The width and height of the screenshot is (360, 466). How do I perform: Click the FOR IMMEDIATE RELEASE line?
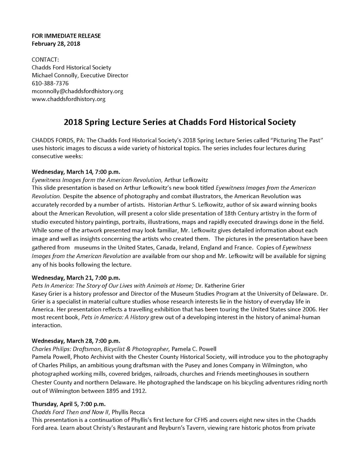tap(66, 36)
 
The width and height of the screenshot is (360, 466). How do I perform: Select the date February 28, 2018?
tap(56, 44)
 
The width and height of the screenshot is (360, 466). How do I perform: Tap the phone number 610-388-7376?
tap(50, 83)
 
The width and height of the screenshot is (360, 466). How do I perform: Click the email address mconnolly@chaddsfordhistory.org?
tap(77, 91)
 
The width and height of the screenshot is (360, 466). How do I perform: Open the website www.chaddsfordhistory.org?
tap(68, 99)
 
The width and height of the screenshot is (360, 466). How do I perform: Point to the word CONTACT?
tap(45, 59)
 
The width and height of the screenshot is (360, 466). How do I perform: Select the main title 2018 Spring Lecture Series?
tap(180, 122)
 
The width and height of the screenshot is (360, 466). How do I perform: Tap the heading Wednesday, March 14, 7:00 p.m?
tap(76, 171)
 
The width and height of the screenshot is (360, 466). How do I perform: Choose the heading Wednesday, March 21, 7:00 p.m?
tap(76, 277)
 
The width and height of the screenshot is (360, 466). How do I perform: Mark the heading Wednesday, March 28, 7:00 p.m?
tap(76, 341)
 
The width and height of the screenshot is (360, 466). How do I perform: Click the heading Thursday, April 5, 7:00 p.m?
tap(68, 404)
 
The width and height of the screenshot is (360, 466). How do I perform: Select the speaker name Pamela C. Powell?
tap(194, 349)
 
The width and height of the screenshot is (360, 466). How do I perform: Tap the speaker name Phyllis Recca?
tap(128, 412)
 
